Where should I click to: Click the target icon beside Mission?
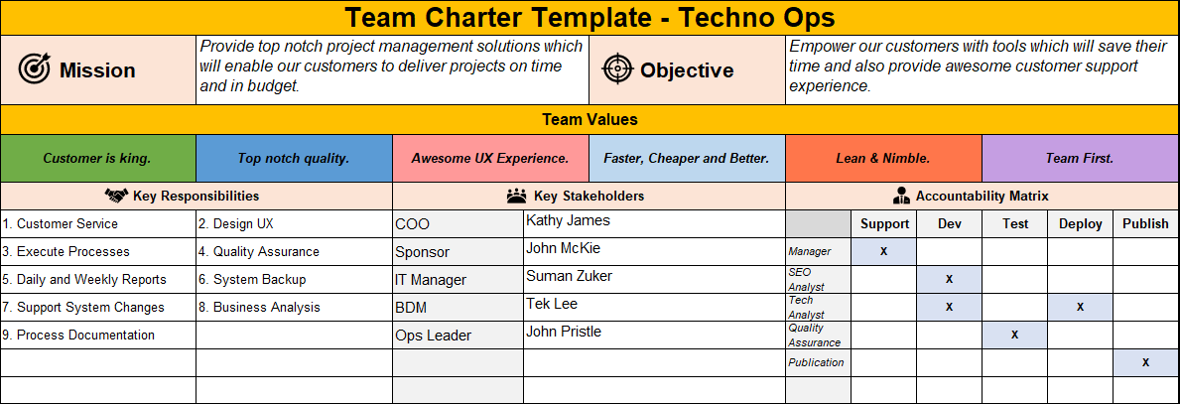tap(35, 68)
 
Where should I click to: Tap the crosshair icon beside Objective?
tap(617, 68)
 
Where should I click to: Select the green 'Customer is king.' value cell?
tap(97, 158)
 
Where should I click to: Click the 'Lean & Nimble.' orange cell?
tap(883, 158)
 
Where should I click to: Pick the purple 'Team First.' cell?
tap(1080, 158)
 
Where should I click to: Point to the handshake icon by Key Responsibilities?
tap(117, 196)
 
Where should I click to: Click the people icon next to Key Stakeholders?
tap(516, 196)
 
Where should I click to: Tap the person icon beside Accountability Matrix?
tap(901, 196)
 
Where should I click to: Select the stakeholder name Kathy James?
tap(568, 220)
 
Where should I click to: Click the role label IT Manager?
tap(431, 280)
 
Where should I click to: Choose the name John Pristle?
tap(564, 332)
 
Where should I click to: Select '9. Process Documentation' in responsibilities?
tap(78, 336)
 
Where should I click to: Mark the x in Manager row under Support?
tap(883, 251)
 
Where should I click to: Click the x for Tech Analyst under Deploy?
tap(1080, 307)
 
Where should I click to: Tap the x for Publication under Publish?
tap(1145, 362)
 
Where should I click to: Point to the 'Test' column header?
tap(1014, 223)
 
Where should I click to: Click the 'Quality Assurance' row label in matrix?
tap(814, 335)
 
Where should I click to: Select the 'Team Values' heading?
tap(590, 119)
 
